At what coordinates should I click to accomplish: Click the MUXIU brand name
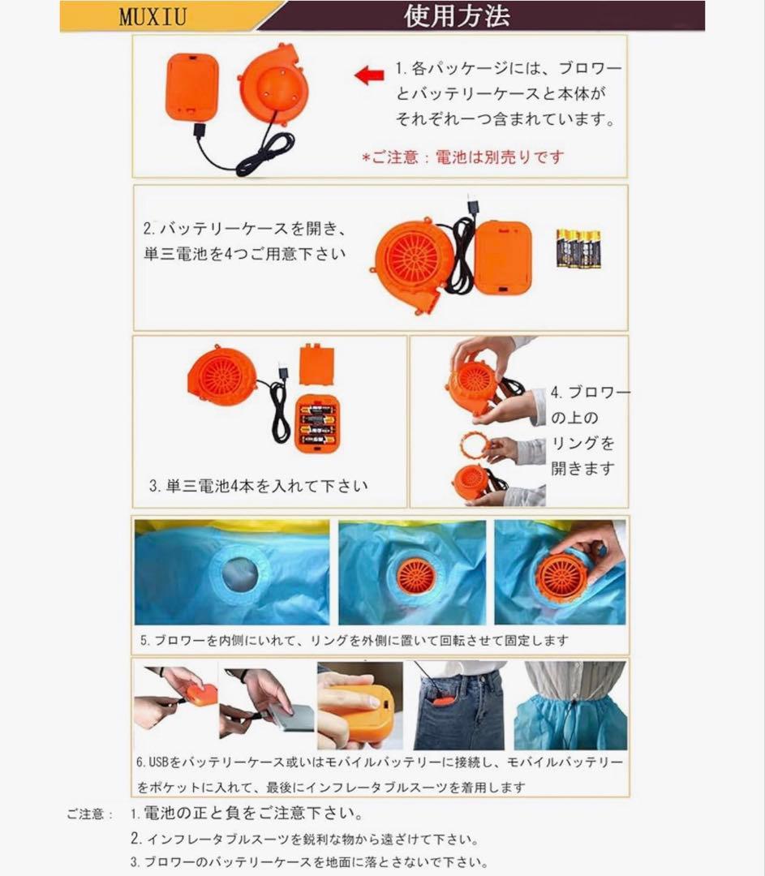[x=153, y=16]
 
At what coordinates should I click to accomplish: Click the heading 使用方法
[x=457, y=15]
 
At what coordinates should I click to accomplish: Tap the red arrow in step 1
[x=369, y=75]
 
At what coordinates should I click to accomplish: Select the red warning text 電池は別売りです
[x=500, y=157]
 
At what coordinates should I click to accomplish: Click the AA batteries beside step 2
[x=578, y=248]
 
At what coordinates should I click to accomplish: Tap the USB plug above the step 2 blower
[x=471, y=208]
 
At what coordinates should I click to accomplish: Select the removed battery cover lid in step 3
[x=317, y=364]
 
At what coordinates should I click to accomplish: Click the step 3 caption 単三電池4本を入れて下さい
[x=258, y=486]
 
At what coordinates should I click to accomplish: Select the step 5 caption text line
[x=354, y=640]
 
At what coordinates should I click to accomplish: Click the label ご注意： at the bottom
[x=89, y=814]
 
